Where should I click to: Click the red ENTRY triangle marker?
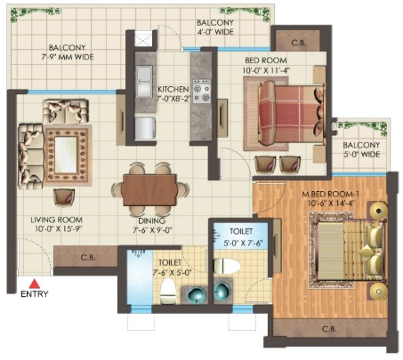pyautogui.click(x=35, y=284)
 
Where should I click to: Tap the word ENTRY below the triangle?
pyautogui.click(x=35, y=294)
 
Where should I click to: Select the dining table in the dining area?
pyautogui.click(x=149, y=189)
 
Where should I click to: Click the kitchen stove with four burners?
pyautogui.click(x=202, y=91)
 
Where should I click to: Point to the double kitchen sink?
pyautogui.click(x=144, y=82)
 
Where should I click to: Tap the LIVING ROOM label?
pyautogui.click(x=57, y=220)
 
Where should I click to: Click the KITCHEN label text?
pyautogui.click(x=173, y=89)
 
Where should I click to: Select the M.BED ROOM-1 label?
pyautogui.click(x=330, y=195)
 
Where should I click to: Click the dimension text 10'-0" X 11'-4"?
pyautogui.click(x=266, y=70)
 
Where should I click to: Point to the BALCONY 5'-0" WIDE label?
pyautogui.click(x=361, y=149)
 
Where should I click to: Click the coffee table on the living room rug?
pyautogui.click(x=66, y=155)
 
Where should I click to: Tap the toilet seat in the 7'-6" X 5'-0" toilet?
pyautogui.click(x=168, y=292)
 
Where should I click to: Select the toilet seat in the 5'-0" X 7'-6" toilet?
pyautogui.click(x=227, y=266)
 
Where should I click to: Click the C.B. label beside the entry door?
pyautogui.click(x=88, y=258)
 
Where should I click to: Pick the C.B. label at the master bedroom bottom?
pyautogui.click(x=329, y=329)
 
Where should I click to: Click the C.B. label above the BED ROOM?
pyautogui.click(x=299, y=43)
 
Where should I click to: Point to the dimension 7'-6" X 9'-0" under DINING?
pyautogui.click(x=152, y=230)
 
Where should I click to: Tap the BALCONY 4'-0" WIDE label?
pyautogui.click(x=215, y=27)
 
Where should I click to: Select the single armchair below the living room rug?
pyautogui.click(x=64, y=197)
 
